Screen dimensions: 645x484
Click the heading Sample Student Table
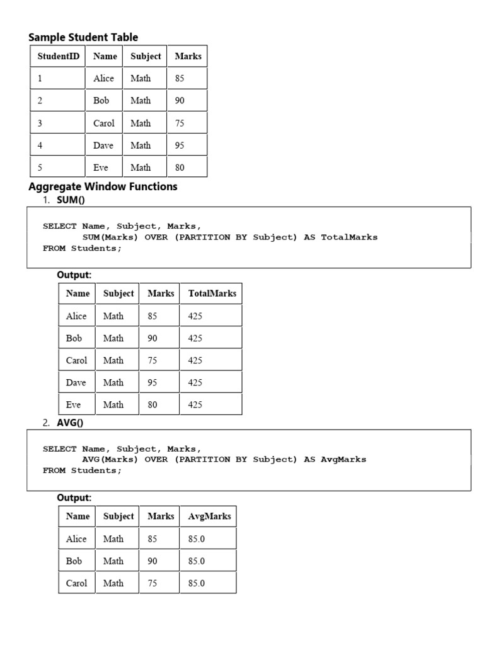pyautogui.click(x=83, y=37)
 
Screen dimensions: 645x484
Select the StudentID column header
pyautogui.click(x=59, y=56)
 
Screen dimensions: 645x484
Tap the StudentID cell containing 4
pyautogui.click(x=40, y=146)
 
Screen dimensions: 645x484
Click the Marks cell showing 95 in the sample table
pyautogui.click(x=180, y=146)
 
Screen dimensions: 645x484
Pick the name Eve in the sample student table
pyautogui.click(x=101, y=168)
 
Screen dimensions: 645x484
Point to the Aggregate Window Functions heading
pyautogui.click(x=103, y=186)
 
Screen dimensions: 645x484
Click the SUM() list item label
pyautogui.click(x=71, y=200)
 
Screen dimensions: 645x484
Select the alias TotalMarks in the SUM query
pyautogui.click(x=349, y=237)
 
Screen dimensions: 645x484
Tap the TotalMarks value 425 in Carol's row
pyautogui.click(x=195, y=360)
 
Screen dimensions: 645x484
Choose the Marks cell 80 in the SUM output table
pyautogui.click(x=153, y=405)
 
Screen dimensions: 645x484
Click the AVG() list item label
pyautogui.click(x=71, y=423)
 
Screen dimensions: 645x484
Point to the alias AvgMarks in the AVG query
pyautogui.click(x=343, y=459)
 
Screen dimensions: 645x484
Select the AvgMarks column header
pyautogui.click(x=209, y=517)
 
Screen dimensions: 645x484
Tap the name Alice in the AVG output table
pyautogui.click(x=76, y=539)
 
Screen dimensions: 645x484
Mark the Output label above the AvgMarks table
pyautogui.click(x=74, y=498)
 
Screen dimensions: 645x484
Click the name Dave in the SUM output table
pyautogui.click(x=76, y=382)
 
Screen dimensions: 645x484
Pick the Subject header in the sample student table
pyautogui.click(x=146, y=56)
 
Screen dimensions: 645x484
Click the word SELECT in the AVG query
pyautogui.click(x=60, y=449)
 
